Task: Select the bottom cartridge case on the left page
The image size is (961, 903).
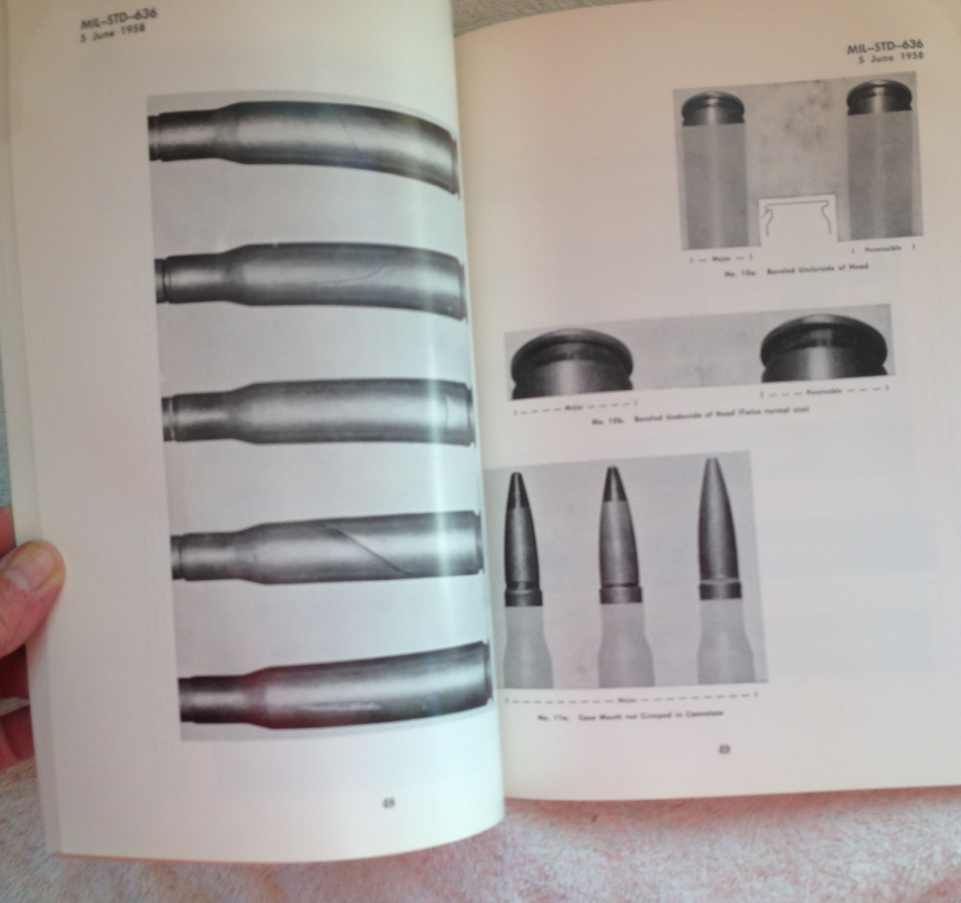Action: point(332,688)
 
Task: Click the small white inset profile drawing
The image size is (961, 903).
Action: point(797,220)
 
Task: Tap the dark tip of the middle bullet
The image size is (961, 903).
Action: point(612,476)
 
